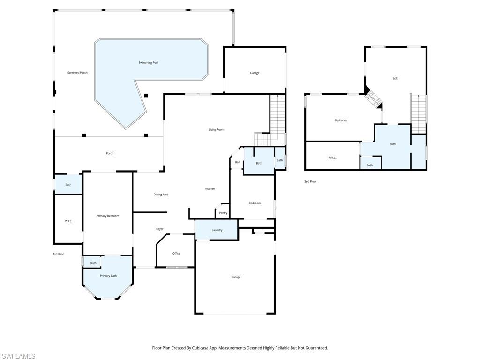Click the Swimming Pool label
[148, 62]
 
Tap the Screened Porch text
[77, 73]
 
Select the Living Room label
[216, 129]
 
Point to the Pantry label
[223, 213]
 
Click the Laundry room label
[217, 230]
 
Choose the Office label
[176, 254]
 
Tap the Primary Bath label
[108, 276]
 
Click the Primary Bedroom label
[108, 216]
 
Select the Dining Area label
[161, 195]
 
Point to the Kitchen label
[210, 188]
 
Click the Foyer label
[160, 229]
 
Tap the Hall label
[237, 162]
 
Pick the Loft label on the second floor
[395, 78]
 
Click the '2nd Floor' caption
[310, 181]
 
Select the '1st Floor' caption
[58, 254]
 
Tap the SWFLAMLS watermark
[18, 356]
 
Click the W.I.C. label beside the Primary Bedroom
[68, 221]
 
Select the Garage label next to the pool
[255, 73]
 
